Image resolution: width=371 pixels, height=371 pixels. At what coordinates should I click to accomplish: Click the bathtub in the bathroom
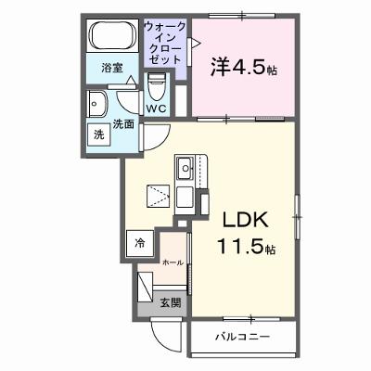click(113, 34)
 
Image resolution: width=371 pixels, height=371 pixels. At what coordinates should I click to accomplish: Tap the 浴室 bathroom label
click(112, 68)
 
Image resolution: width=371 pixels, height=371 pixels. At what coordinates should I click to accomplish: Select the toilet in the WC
click(156, 87)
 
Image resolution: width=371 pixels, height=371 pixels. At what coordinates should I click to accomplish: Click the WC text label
click(156, 109)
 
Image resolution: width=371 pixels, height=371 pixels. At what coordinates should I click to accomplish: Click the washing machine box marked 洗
click(99, 134)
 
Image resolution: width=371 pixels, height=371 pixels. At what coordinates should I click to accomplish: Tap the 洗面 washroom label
click(123, 124)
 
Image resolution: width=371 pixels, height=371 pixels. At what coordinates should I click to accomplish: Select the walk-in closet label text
click(165, 43)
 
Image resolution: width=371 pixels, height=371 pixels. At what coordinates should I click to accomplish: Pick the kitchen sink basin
click(185, 168)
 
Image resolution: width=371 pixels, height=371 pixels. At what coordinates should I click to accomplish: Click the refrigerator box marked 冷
click(140, 244)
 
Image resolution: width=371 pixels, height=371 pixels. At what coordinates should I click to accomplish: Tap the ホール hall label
click(173, 262)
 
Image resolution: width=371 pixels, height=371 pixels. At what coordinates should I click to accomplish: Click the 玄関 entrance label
click(170, 303)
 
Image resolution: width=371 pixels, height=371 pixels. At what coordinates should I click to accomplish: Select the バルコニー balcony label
click(243, 337)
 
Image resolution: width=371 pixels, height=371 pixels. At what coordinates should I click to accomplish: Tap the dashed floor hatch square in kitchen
click(158, 197)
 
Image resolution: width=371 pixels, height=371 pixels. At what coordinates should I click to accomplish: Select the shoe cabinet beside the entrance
click(145, 287)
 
